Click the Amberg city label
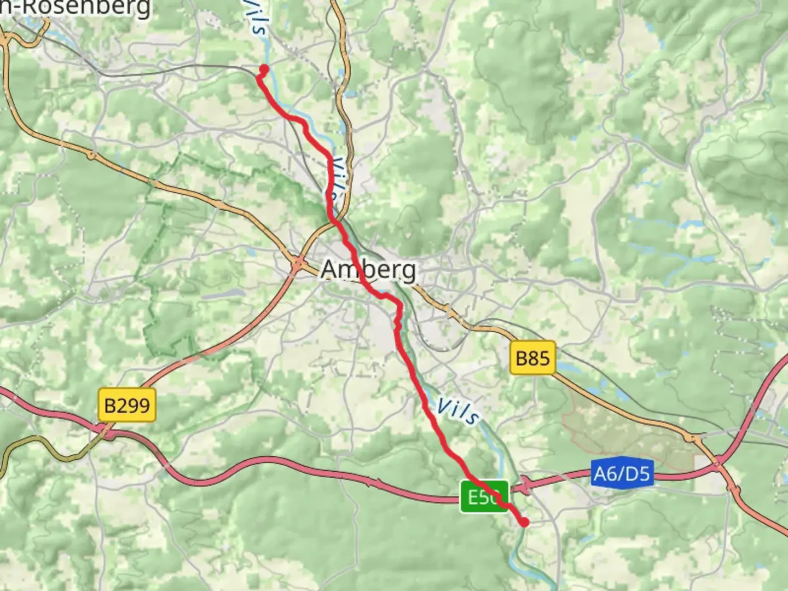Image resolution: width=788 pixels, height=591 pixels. (368, 269)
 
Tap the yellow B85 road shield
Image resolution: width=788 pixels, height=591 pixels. (532, 358)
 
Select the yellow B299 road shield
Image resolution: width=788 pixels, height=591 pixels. (126, 405)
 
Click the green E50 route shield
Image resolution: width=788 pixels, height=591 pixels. (484, 497)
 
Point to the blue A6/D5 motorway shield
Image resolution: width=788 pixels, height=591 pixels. (622, 472)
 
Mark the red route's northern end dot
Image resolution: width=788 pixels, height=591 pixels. (264, 69)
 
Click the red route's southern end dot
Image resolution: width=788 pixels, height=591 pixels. (525, 522)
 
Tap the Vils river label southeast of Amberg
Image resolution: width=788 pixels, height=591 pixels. (459, 412)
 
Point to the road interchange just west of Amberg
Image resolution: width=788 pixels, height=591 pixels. (297, 264)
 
